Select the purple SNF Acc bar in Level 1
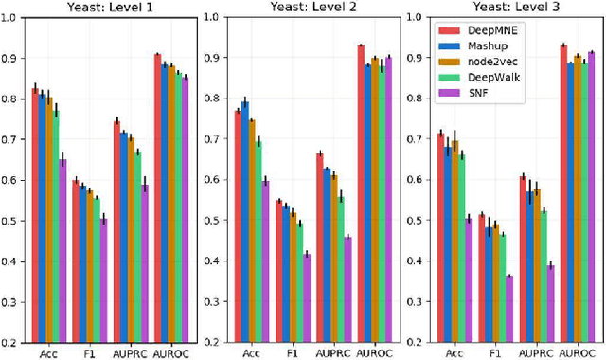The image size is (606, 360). (62, 251)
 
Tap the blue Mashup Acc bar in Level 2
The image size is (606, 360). (245, 222)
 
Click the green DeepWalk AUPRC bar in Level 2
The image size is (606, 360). (341, 270)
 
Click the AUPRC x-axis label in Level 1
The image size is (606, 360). (131, 352)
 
